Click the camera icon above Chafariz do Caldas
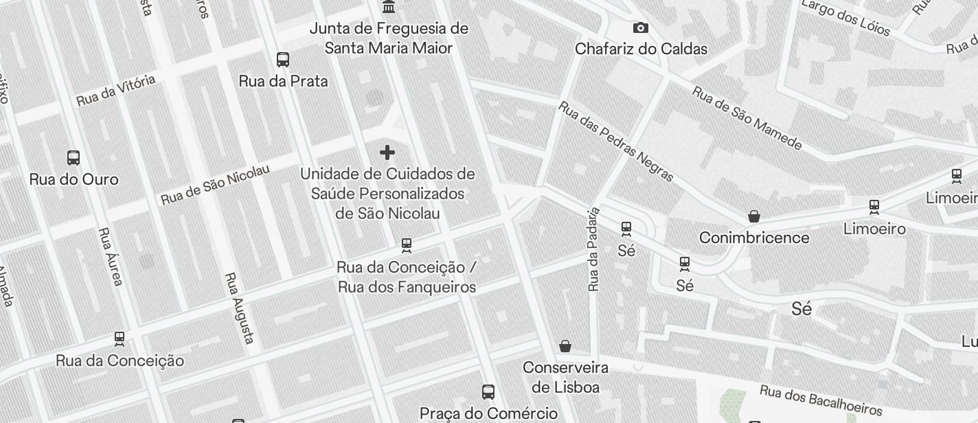640,28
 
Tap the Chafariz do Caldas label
641,49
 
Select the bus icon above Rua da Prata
283,60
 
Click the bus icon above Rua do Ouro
73,157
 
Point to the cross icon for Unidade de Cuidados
387,152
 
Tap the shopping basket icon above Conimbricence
754,216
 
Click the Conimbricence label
754,238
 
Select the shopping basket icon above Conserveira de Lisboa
565,345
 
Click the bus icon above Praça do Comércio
488,392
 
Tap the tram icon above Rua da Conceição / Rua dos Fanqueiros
407,245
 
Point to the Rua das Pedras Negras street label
615,141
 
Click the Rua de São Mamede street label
747,117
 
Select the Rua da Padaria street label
594,249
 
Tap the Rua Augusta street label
240,308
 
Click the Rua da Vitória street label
115,91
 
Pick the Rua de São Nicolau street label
215,184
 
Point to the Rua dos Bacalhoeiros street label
820,400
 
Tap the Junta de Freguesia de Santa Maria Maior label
389,38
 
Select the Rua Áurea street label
111,257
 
